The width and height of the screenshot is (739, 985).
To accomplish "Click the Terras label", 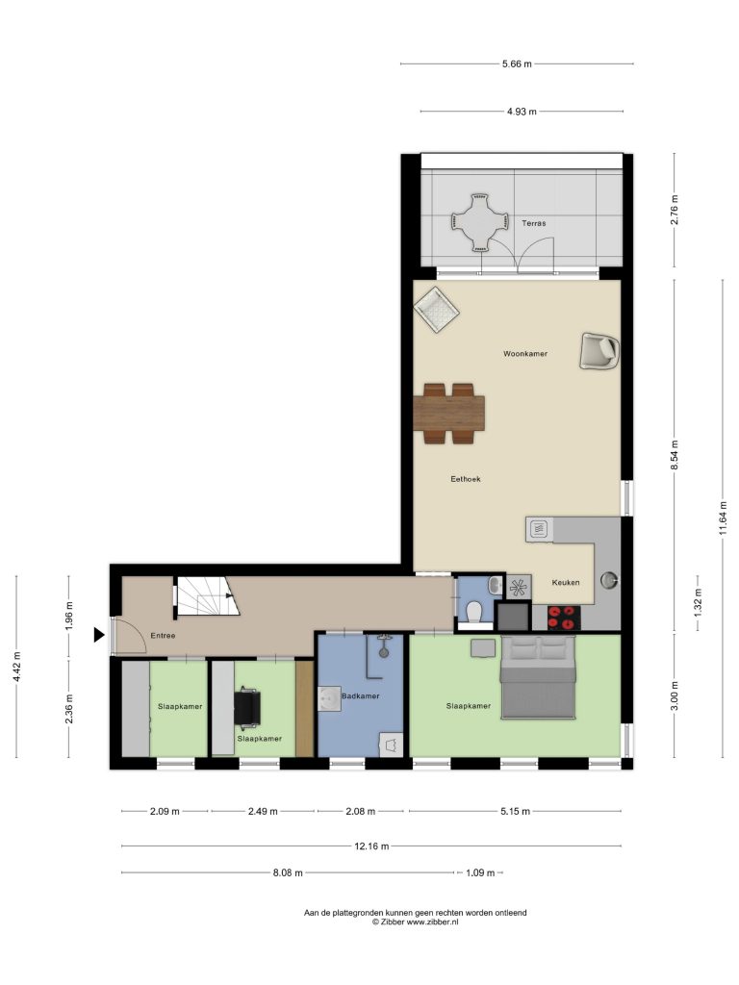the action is coord(533,223).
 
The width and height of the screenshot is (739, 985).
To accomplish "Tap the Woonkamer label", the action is coord(525,354).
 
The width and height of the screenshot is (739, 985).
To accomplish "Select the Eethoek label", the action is coord(466,479).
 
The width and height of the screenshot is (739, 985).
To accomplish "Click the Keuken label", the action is coord(566,582).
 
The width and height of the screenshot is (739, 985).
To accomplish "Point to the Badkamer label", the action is coord(361,696).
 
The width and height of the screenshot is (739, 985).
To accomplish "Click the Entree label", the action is coord(163,636).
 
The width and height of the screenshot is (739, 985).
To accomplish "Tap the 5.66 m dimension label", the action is coord(517,63).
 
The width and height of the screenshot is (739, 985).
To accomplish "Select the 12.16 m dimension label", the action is coord(371,846).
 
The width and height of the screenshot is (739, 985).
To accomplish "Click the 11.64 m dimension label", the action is coord(724,518).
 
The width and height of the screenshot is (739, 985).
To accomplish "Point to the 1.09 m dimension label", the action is coord(480,872).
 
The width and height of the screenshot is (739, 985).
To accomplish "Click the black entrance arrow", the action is coord(99,635).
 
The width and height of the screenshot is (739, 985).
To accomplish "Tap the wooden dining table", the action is coord(448,414).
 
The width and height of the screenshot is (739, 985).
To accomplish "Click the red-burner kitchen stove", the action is coord(563,618).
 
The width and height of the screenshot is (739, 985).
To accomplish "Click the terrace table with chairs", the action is coord(479,222).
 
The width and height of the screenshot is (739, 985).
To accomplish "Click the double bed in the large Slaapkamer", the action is coord(538,676).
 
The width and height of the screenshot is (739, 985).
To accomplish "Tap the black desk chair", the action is coord(247,707).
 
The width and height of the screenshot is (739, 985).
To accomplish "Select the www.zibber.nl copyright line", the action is coord(415,922).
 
